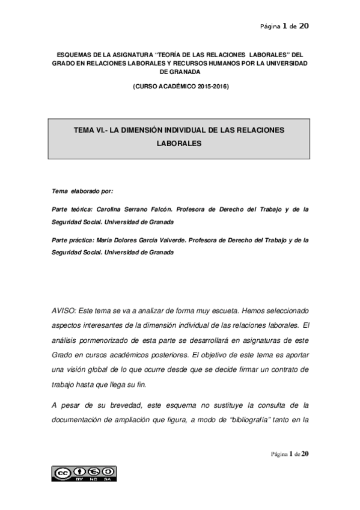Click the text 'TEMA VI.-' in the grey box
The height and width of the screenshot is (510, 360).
click(91, 130)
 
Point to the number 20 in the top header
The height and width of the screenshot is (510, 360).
click(304, 26)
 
